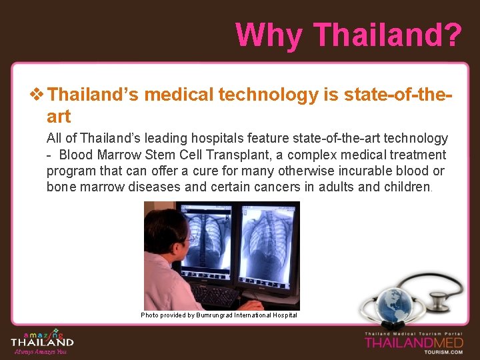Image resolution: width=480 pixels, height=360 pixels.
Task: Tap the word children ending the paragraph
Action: pos(407,187)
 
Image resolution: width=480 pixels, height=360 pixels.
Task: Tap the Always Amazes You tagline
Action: pos(41,352)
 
